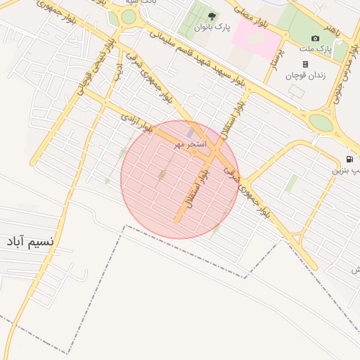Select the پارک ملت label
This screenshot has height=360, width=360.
tap(319, 49)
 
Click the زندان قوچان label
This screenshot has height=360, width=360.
tap(305, 76)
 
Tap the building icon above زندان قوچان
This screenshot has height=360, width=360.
tap(305, 64)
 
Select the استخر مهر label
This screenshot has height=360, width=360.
tap(191, 144)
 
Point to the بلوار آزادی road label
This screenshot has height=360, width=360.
tap(137, 122)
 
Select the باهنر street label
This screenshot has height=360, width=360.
tap(340, 28)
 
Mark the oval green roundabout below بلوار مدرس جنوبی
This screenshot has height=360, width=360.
tap(321, 123)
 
